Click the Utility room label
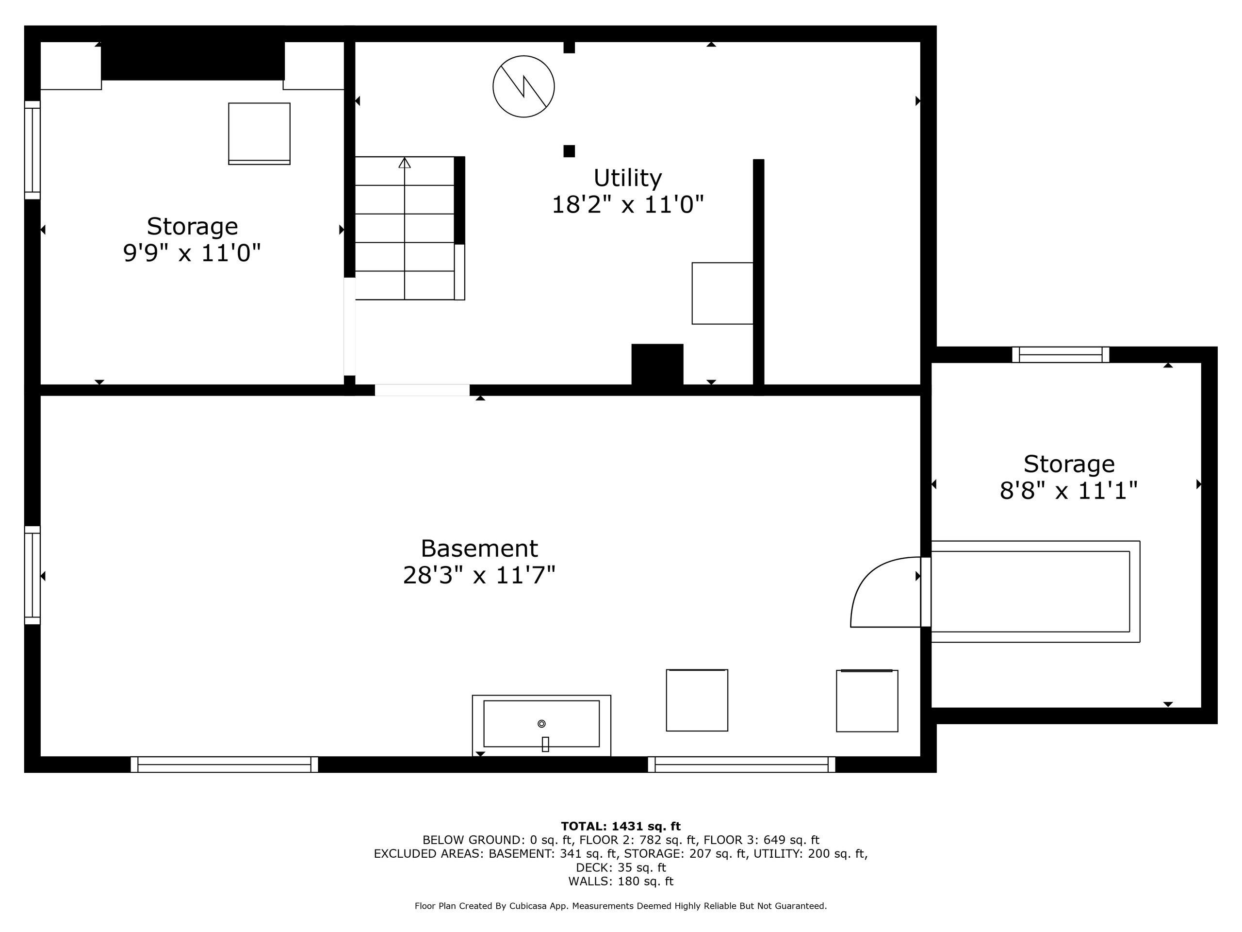click(x=627, y=178)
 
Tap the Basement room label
click(x=479, y=549)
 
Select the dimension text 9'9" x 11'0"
click(x=192, y=253)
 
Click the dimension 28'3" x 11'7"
click(x=479, y=575)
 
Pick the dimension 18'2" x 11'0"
click(x=627, y=205)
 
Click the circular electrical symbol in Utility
click(x=523, y=86)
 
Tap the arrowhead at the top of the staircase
click(x=404, y=163)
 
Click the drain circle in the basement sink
click(x=541, y=724)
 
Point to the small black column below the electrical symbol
click(x=569, y=151)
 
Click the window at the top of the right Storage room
click(x=1060, y=354)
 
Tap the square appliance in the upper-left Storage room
click(x=259, y=133)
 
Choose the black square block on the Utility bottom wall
click(x=657, y=364)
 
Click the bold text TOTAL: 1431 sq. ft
click(x=621, y=826)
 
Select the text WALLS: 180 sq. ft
click(x=621, y=881)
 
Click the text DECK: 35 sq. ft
click(x=621, y=867)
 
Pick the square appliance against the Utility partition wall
click(x=722, y=293)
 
